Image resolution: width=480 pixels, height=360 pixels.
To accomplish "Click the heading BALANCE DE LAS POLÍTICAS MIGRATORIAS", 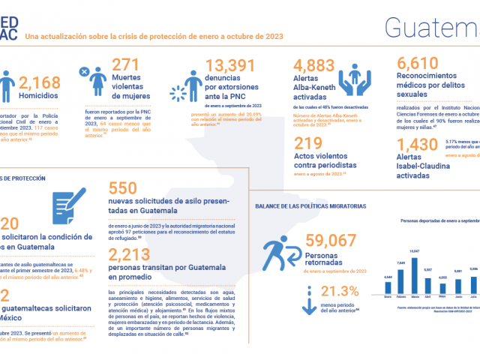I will [x=310, y=205].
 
